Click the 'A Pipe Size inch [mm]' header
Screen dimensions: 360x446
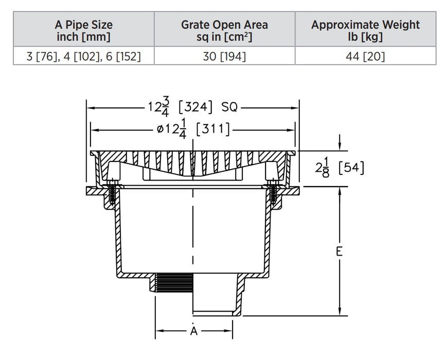click(83, 30)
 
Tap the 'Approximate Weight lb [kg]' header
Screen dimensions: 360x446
click(365, 30)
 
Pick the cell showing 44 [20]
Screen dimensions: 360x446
click(365, 56)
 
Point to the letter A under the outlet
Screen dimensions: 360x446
click(194, 331)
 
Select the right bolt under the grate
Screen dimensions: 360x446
click(272, 193)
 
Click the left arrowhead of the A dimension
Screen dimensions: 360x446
click(159, 330)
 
